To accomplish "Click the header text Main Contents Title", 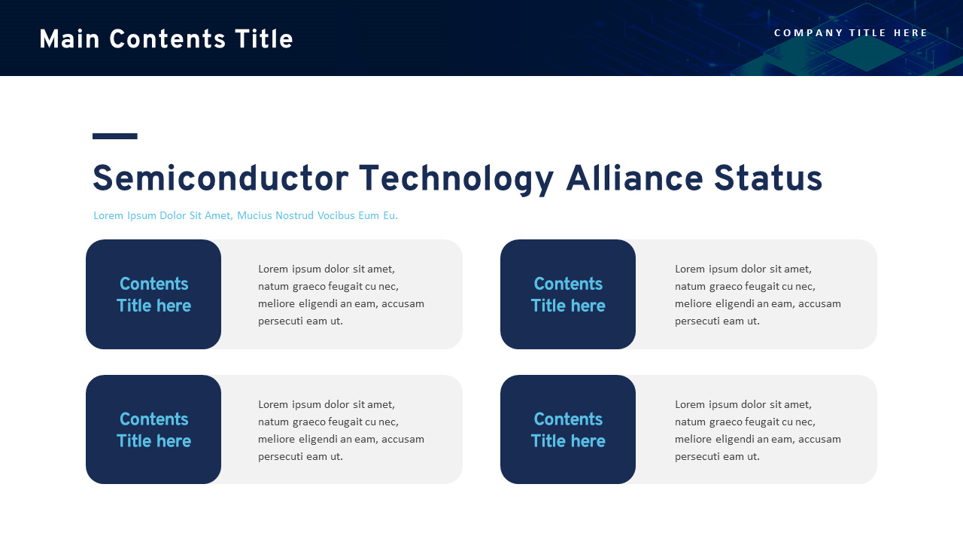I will (x=166, y=40).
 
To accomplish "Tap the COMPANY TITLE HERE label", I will (x=851, y=33).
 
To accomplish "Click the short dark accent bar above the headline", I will (x=115, y=136).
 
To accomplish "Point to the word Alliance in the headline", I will (x=634, y=180).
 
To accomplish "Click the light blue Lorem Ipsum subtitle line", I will (x=245, y=216).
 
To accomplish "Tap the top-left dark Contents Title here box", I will (x=153, y=294).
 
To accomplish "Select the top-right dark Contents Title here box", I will (x=568, y=294).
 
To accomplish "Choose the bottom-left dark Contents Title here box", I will (x=153, y=430).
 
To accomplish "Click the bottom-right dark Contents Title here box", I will (x=568, y=430).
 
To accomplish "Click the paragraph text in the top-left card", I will (x=341, y=294).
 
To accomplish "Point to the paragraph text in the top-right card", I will (x=758, y=294).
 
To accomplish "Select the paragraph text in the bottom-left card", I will (x=341, y=430).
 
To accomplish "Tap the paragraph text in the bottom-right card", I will (x=758, y=430).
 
